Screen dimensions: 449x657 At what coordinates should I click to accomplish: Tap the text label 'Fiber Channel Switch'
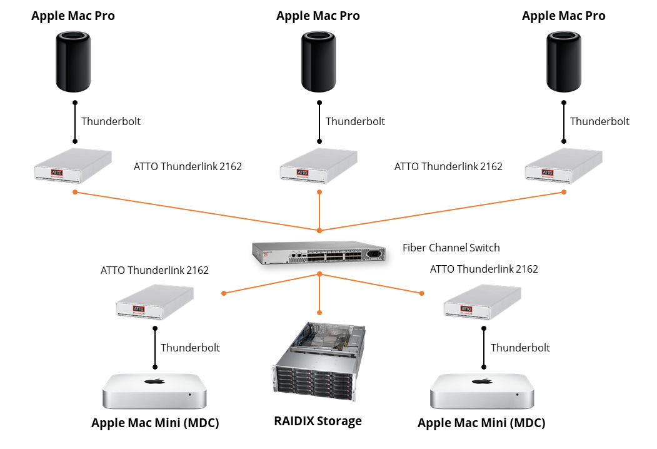click(451, 248)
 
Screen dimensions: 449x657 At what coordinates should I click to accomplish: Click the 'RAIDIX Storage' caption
click(318, 421)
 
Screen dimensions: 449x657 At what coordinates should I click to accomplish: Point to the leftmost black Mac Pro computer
click(74, 63)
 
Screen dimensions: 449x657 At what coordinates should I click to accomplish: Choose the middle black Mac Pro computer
click(319, 63)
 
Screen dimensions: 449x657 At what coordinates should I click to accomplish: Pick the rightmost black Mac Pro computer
click(564, 63)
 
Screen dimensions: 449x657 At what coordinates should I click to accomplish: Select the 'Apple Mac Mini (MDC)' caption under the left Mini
click(155, 423)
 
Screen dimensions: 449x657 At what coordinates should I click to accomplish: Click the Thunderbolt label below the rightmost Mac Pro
click(599, 121)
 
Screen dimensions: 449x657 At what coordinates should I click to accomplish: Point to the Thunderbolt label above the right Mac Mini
click(520, 347)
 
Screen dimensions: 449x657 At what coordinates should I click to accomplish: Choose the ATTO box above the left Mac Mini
click(154, 303)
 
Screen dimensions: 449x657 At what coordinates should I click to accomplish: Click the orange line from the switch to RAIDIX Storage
click(319, 294)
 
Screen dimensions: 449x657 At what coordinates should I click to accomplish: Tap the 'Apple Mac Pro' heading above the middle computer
click(318, 16)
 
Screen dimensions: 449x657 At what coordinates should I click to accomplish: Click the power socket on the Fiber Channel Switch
click(376, 254)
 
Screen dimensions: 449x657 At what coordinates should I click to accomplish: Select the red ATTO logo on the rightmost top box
click(548, 173)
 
